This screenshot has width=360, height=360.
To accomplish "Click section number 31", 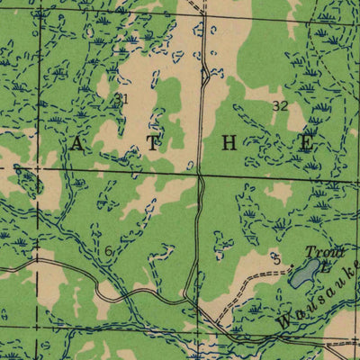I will pos(122,99).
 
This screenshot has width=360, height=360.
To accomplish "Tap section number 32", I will pos(280,105).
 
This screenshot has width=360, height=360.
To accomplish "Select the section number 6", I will pos(109,251).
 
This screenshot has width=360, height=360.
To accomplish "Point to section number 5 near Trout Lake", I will pos(277,261).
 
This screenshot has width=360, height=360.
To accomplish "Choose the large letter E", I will pos(306,142).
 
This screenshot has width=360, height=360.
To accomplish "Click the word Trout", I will pos(318,252).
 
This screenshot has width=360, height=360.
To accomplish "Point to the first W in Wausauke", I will pos(283,319).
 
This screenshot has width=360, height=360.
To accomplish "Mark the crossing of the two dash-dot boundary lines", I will pos(40,167).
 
